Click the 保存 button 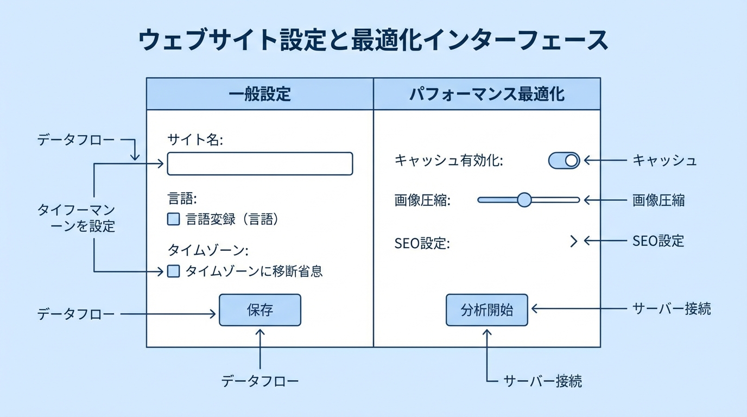259,310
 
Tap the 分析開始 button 486,310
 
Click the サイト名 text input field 259,163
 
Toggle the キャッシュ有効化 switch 564,161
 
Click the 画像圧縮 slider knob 524,200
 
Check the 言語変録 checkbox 173,219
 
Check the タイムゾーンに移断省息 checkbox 173,271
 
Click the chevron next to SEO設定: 573,241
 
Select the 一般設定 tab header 259,94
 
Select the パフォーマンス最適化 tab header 486,94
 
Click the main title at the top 373,41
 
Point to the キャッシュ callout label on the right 664,161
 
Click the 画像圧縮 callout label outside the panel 659,200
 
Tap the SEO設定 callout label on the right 659,241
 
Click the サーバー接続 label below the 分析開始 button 542,381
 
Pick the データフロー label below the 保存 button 260,381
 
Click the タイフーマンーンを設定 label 76,218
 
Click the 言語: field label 182,199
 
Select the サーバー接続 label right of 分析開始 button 672,309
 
